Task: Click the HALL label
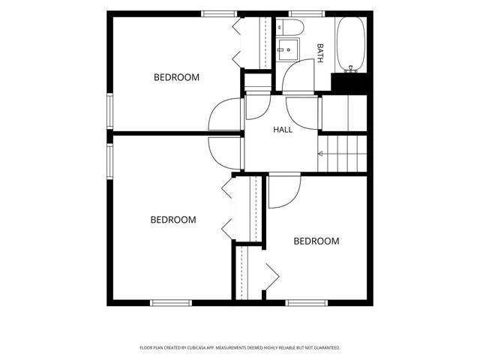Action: (283, 130)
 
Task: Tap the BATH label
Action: (320, 53)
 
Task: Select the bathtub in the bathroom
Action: (351, 44)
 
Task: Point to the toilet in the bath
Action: (289, 27)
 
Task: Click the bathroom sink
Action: (287, 49)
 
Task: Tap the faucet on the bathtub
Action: (351, 69)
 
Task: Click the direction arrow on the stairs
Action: (320, 153)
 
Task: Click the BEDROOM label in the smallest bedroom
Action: (316, 241)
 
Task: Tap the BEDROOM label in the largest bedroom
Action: (173, 220)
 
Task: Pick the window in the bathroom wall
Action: (307, 13)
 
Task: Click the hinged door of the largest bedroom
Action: (225, 153)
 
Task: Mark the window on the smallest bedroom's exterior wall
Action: (307, 303)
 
